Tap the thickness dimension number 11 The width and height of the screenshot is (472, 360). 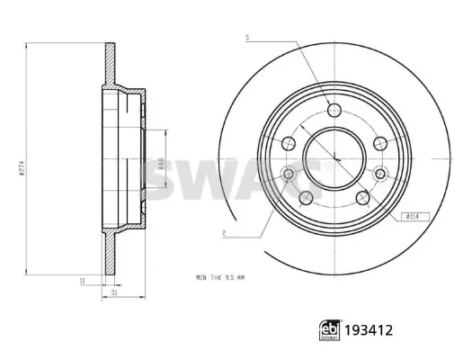coord(80,282)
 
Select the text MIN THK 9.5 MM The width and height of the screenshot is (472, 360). coord(219,277)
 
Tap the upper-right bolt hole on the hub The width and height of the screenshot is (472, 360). coord(378,142)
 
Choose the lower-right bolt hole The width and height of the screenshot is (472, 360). coord(362,197)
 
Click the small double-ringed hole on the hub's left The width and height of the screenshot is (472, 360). coord(288,174)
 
